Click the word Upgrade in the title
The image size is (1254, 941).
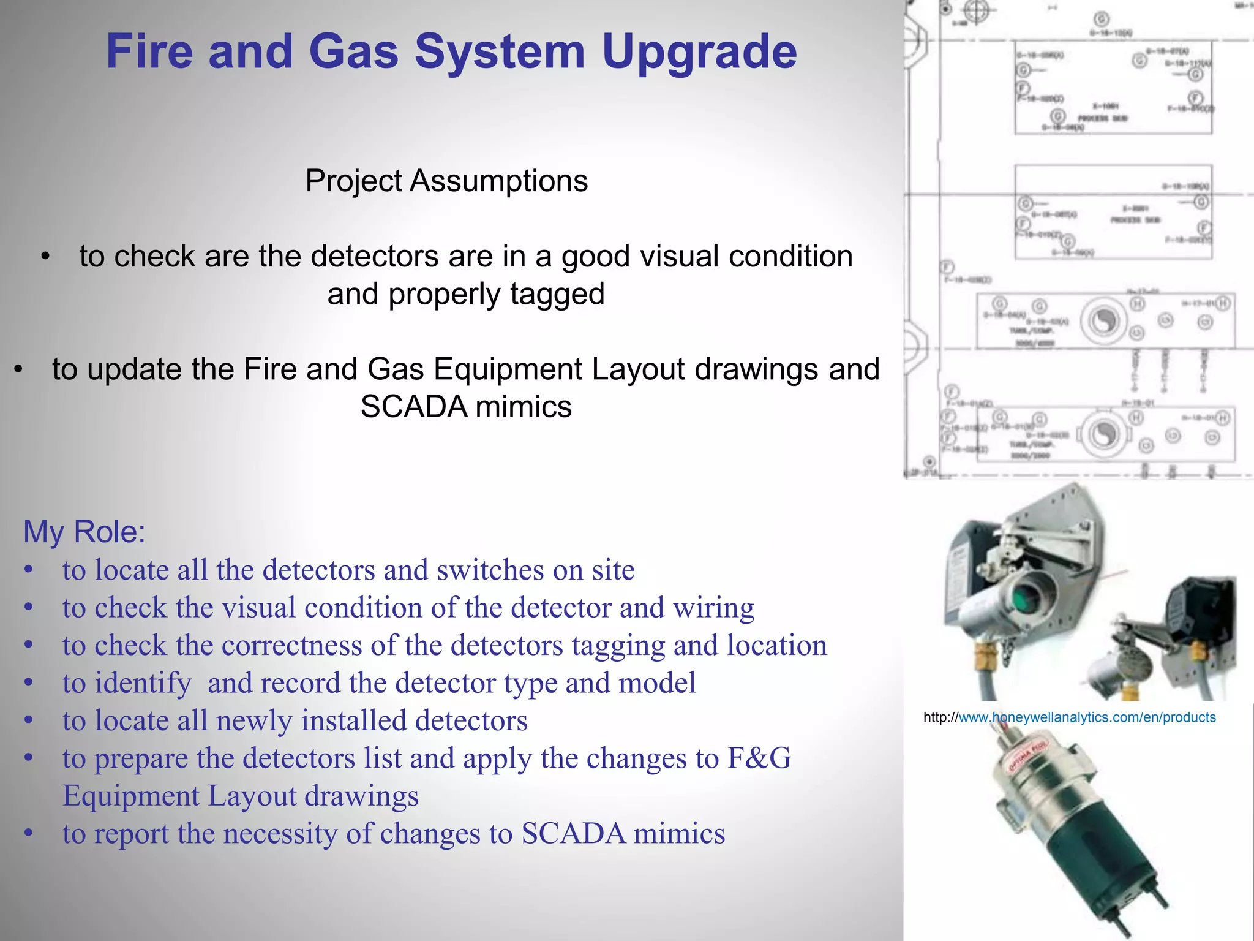point(699,52)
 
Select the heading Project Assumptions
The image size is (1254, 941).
point(446,181)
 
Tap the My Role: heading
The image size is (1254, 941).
point(84,531)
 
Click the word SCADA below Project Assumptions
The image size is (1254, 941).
point(413,407)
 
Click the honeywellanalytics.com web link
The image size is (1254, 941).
point(1087,717)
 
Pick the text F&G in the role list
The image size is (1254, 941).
point(759,758)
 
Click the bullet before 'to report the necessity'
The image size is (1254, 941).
point(28,834)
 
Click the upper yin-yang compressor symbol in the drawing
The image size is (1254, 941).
point(1104,321)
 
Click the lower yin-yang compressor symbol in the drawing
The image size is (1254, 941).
point(1104,434)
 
